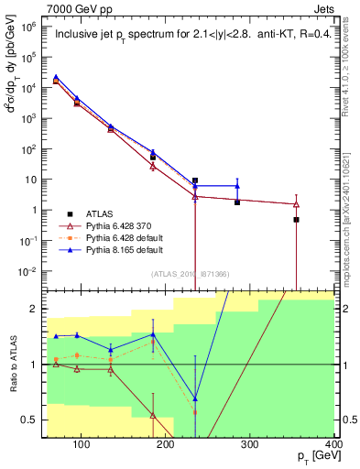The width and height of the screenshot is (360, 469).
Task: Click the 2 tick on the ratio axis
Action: click(35, 309)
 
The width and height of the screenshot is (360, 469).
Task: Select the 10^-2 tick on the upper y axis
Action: click(27, 270)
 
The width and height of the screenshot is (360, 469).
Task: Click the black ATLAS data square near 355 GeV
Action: click(296, 220)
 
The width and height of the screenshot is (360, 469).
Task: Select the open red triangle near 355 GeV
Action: click(296, 203)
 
